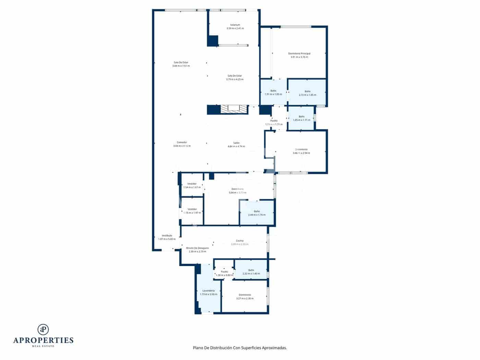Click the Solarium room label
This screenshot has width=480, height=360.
(235, 25)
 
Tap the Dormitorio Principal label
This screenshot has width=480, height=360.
(299, 54)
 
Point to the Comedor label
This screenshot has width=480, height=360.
(182, 143)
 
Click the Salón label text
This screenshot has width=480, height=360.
(236, 143)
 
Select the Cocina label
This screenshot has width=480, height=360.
(240, 241)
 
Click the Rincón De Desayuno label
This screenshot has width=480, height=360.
(197, 248)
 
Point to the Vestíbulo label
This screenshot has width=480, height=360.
(167, 236)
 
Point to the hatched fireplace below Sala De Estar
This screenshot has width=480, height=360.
(227, 109)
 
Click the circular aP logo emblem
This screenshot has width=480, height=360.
(43, 329)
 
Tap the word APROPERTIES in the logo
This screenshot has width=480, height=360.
(43, 340)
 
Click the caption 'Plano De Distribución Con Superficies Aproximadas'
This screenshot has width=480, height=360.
(240, 348)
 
